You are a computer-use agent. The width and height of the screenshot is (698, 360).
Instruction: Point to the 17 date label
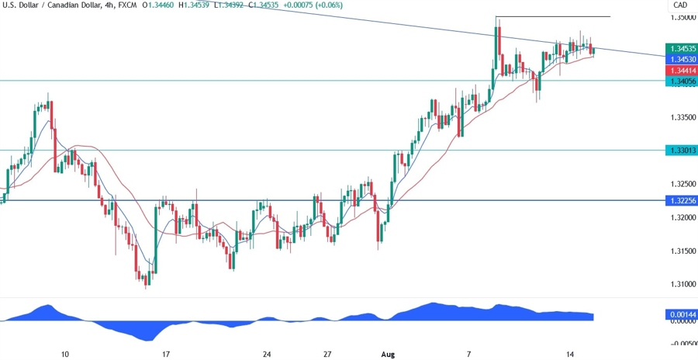coord(165,353)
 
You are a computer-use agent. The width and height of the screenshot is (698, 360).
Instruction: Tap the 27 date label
coord(328,353)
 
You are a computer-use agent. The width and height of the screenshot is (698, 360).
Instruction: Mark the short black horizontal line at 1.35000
coord(552,16)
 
